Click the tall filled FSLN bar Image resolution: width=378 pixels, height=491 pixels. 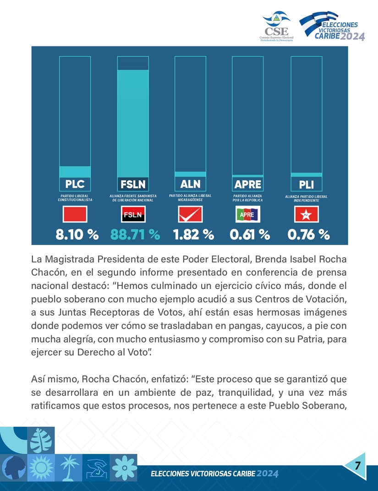(133, 123)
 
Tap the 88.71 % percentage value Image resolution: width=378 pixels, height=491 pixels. (135, 235)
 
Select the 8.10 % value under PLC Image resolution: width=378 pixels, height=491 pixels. (77, 235)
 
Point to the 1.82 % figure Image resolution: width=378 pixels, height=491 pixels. (193, 235)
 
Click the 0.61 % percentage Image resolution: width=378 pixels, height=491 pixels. (249, 235)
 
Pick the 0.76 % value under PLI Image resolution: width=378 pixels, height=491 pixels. (308, 235)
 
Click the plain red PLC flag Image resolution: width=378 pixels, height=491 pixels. (75, 214)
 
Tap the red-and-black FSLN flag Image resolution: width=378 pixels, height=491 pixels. (133, 214)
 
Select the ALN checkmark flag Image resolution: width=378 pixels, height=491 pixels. (190, 214)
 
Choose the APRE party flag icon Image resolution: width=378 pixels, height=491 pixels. (248, 214)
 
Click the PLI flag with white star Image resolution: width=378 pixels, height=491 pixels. (306, 214)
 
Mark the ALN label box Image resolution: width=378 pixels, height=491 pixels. (190, 184)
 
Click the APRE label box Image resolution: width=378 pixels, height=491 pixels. (248, 184)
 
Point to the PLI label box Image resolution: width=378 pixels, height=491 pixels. (306, 184)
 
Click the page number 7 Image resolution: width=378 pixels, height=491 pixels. (357, 465)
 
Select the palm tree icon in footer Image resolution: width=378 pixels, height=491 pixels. (69, 467)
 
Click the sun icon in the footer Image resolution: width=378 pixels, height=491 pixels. (41, 468)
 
